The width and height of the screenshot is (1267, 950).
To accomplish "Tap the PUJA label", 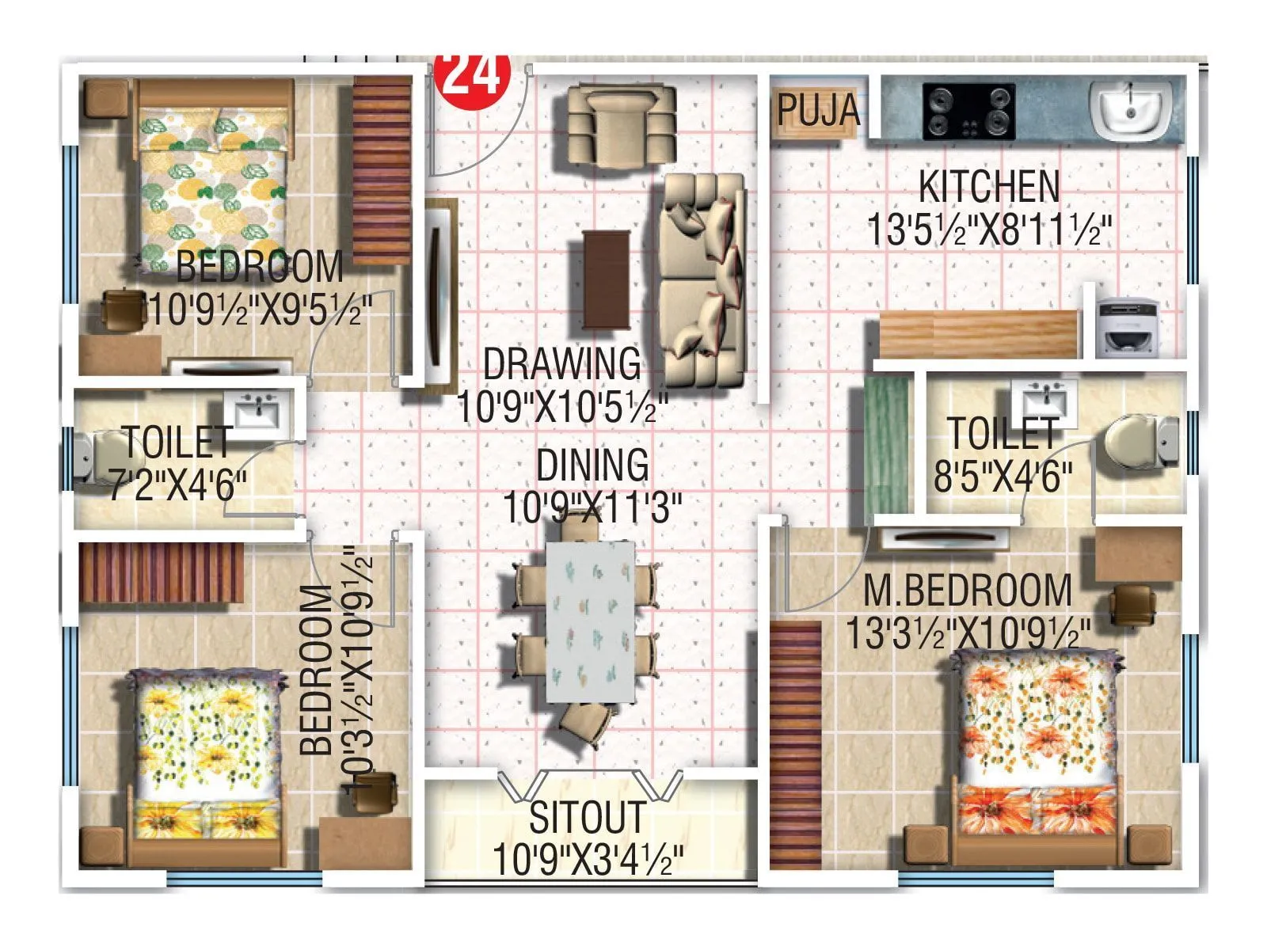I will click(817, 109).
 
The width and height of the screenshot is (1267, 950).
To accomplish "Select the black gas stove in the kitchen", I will click(968, 112).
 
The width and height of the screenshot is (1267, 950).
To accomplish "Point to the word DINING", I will click(592, 465).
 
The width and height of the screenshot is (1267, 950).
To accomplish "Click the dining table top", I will click(591, 622).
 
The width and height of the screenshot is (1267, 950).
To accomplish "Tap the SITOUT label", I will click(587, 818).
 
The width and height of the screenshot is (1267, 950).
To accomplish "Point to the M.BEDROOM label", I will click(967, 591).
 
